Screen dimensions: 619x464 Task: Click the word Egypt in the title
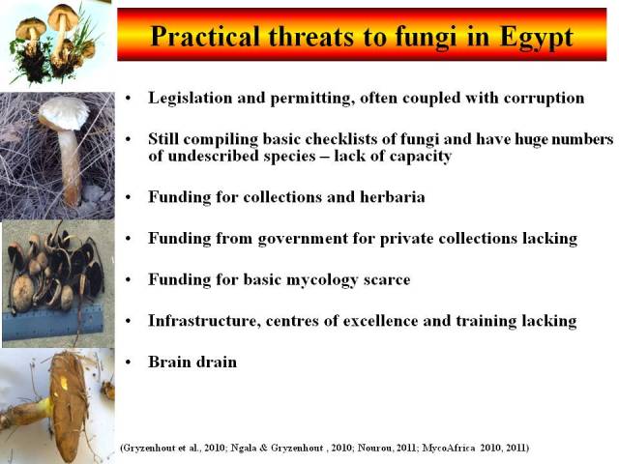(537, 38)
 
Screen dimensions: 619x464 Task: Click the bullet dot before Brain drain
(128, 362)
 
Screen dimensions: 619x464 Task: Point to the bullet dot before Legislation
(128, 99)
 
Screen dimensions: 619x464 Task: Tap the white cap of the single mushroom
(65, 114)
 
